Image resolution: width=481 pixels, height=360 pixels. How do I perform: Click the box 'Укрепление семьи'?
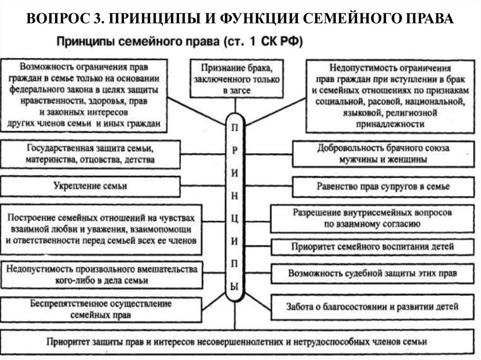click(x=90, y=186)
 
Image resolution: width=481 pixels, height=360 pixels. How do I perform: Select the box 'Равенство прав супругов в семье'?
click(x=383, y=186)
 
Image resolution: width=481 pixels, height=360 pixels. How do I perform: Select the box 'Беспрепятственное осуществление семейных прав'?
click(x=101, y=309)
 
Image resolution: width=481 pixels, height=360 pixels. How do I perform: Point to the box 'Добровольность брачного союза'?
click(x=383, y=153)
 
